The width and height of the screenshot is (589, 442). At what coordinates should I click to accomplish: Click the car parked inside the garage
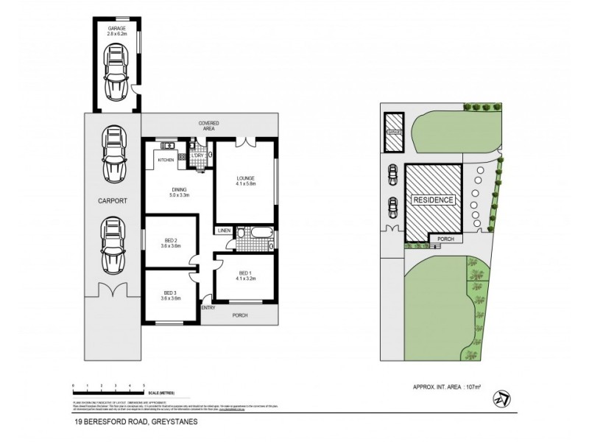pyautogui.click(x=115, y=73)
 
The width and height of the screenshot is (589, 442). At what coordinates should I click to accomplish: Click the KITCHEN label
pyautogui.click(x=166, y=159)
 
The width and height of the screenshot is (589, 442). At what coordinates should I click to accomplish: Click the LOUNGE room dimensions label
pyautogui.click(x=245, y=182)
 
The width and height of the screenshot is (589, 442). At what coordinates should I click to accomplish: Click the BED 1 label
pyautogui.click(x=247, y=276)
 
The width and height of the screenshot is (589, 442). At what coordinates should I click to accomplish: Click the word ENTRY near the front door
pyautogui.click(x=208, y=307)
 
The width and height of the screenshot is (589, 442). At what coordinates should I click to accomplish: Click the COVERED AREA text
pyautogui.click(x=209, y=125)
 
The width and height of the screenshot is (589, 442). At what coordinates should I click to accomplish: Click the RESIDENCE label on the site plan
pyautogui.click(x=433, y=200)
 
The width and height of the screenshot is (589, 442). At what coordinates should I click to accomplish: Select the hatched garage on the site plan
pyautogui.click(x=395, y=133)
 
